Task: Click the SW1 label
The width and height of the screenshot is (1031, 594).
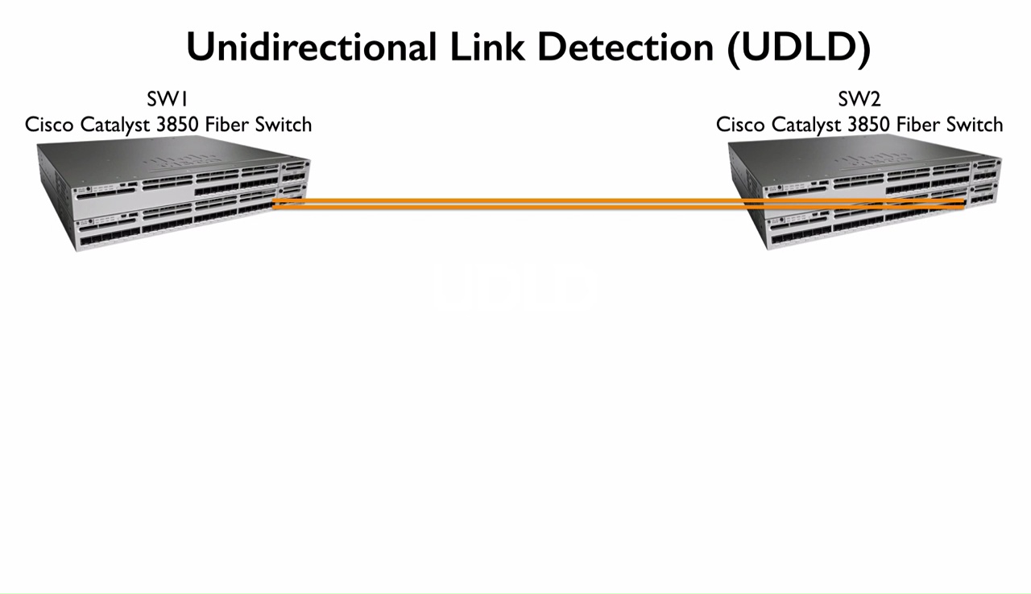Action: coord(168,100)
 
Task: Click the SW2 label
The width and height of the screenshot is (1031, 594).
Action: coord(859,100)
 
